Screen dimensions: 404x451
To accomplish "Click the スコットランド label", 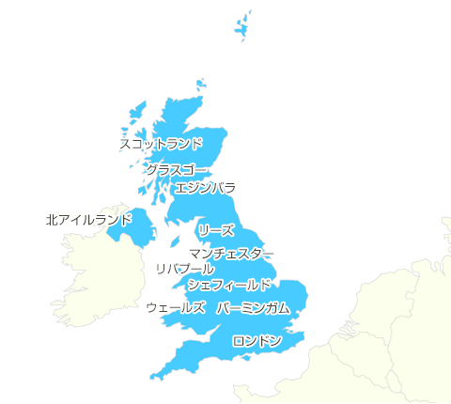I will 160,144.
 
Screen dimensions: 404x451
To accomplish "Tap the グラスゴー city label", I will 176,169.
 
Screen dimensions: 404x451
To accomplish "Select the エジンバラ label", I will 206,188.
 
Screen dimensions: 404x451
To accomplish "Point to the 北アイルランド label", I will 88,220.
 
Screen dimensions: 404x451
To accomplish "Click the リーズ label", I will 216,230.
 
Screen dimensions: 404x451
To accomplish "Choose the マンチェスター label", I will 231,254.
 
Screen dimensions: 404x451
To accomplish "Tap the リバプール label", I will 184,269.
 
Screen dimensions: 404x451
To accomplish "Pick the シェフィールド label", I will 229,284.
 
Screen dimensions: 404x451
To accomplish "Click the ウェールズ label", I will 176,307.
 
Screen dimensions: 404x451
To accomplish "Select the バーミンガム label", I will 254,308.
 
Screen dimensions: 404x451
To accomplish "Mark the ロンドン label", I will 257,340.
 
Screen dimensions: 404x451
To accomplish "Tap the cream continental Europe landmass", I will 395,338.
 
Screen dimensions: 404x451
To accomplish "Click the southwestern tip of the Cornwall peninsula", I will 151,377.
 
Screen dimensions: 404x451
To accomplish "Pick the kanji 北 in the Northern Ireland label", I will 51,220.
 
